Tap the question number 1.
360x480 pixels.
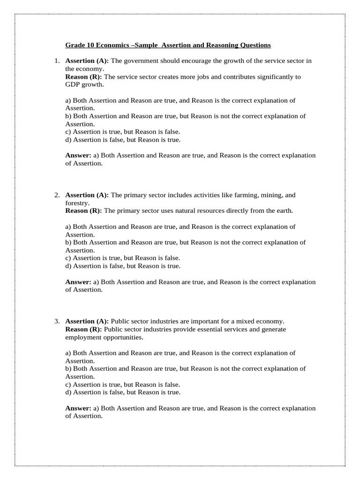[56, 61]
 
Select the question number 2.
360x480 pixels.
[56, 195]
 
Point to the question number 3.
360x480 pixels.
[56, 322]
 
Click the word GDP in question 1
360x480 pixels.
[72, 84]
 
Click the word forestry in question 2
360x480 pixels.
[76, 203]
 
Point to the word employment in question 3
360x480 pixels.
[82, 337]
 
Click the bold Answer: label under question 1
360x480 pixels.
[78, 156]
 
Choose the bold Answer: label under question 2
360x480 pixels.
[78, 282]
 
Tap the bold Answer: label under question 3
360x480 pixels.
[78, 409]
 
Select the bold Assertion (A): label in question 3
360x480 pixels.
[87, 322]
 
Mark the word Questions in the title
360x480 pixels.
[255, 45]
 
